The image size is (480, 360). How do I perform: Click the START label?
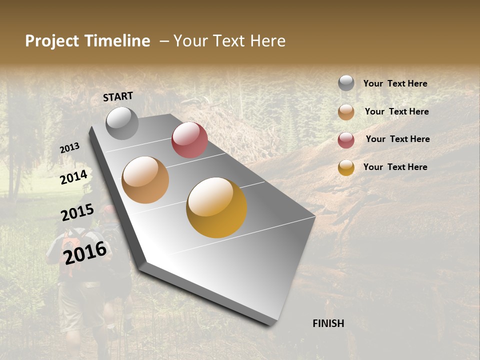pyautogui.click(x=118, y=96)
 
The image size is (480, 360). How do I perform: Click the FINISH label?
pyautogui.click(x=328, y=323)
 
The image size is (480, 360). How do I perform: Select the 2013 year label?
pyautogui.click(x=69, y=147)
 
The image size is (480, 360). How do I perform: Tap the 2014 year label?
pyautogui.click(x=74, y=177)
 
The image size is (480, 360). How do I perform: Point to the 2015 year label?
pyautogui.click(x=77, y=212)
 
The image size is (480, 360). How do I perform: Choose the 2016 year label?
pyautogui.click(x=85, y=252)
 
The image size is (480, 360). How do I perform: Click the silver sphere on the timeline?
pyautogui.click(x=122, y=123)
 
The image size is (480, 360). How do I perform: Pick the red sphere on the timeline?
pyautogui.click(x=189, y=140)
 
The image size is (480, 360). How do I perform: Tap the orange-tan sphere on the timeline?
pyautogui.click(x=145, y=180)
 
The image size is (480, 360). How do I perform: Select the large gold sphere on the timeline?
pyautogui.click(x=216, y=207)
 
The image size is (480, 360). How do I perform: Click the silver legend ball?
pyautogui.click(x=346, y=83)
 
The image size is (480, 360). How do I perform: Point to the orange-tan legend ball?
pyautogui.click(x=346, y=112)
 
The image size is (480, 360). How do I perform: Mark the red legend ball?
pyautogui.click(x=346, y=140)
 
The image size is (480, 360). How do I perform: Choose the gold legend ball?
pyautogui.click(x=346, y=167)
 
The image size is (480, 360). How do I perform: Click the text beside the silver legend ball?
pyautogui.click(x=395, y=84)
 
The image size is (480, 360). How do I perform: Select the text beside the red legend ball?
pyautogui.click(x=397, y=139)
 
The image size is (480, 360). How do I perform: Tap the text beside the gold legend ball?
pyautogui.click(x=395, y=167)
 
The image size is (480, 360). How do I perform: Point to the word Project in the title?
pyautogui.click(x=52, y=41)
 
